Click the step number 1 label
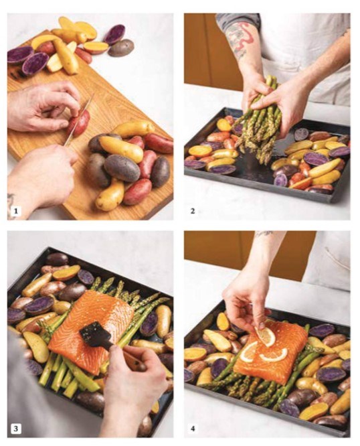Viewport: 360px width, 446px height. click(x=15, y=211)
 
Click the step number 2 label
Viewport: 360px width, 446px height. click(x=193, y=211)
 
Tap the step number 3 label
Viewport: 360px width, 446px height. click(x=15, y=429)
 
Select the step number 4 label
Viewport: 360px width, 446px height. click(x=193, y=429)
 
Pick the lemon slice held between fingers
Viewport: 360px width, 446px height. click(x=265, y=336)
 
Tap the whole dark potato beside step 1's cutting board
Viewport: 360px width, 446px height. click(x=121, y=48)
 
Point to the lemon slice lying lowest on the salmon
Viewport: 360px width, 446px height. click(x=273, y=355)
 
